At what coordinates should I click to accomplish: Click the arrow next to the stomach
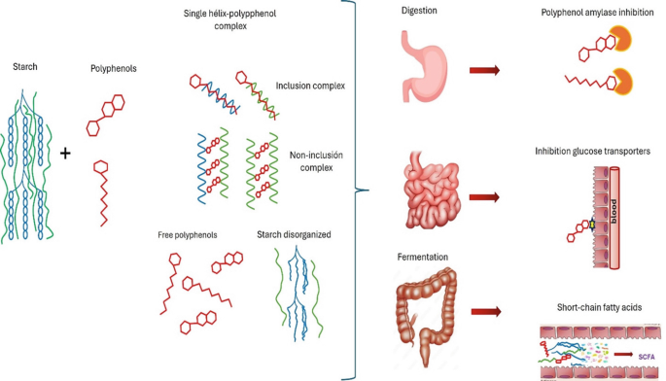(x=484, y=70)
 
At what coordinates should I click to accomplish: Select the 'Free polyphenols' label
(x=186, y=234)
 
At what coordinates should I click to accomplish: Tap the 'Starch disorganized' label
(x=289, y=234)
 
